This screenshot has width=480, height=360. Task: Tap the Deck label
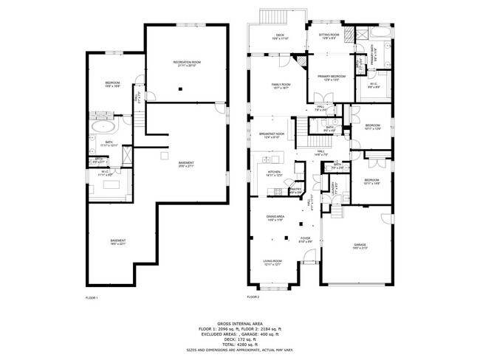coord(281,35)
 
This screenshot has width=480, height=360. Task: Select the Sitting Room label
coord(329,35)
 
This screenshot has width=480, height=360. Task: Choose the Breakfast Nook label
coord(271,134)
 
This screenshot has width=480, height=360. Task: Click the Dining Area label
coord(275,217)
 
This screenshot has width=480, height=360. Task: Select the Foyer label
coord(305,238)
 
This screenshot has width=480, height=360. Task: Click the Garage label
coord(360,245)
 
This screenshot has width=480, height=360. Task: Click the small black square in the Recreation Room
coord(179,90)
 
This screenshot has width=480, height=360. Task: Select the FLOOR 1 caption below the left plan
coord(92,297)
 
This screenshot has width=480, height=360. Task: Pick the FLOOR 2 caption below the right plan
coord(253,297)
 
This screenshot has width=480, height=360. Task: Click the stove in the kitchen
coord(278,193)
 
